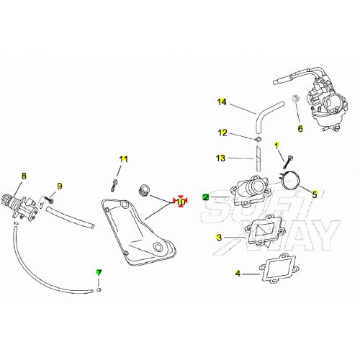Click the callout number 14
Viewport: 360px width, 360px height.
coord(222,102)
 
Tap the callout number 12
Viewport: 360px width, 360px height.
coord(222,132)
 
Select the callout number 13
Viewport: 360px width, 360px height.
coord(221,158)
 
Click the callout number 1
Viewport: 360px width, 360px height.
coord(276,146)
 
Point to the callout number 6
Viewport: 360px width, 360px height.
coord(301,129)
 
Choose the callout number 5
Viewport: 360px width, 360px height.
coord(314,193)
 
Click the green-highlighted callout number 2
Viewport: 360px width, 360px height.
coord(206,196)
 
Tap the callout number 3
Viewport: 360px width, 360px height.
coord(219,237)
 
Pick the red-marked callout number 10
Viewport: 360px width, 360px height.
coord(180,202)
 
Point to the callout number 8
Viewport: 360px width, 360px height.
coord(24,175)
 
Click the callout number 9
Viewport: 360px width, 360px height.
coord(60,186)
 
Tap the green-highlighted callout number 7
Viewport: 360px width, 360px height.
coord(100,272)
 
